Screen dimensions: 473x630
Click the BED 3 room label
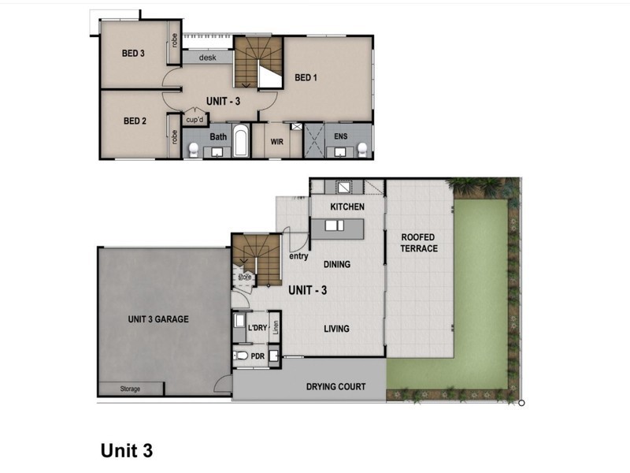click(x=133, y=54)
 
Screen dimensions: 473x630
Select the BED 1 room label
click(x=306, y=77)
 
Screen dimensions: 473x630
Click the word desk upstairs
click(x=207, y=58)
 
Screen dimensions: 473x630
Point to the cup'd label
click(x=195, y=120)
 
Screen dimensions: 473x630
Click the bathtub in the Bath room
click(x=240, y=142)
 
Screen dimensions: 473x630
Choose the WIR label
click(x=276, y=143)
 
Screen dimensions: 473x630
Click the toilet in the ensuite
click(x=362, y=148)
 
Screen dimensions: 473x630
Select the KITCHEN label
click(x=346, y=207)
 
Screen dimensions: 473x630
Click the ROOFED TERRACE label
click(x=419, y=243)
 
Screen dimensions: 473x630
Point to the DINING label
click(x=336, y=265)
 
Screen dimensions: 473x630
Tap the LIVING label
click(x=336, y=329)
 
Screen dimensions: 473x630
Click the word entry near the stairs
click(x=298, y=255)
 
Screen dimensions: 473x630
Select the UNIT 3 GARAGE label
click(x=158, y=319)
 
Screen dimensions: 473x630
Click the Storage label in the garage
click(x=130, y=389)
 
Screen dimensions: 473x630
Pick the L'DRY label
click(x=258, y=326)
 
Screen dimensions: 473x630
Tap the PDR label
click(x=258, y=356)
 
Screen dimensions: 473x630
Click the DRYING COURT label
click(x=335, y=386)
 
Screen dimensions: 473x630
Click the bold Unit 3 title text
click(x=126, y=451)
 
